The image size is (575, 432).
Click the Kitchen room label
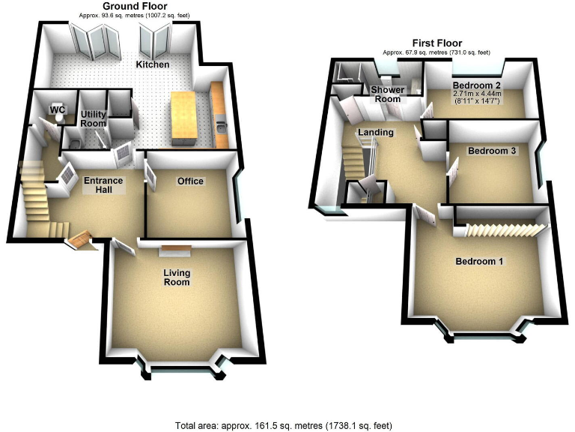click(x=152, y=64)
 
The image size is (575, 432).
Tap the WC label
click(x=58, y=110)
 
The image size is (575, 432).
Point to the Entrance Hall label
click(x=103, y=185)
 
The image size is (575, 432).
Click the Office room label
click(x=190, y=181)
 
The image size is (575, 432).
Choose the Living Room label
click(x=177, y=278)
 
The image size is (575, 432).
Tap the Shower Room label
click(x=389, y=94)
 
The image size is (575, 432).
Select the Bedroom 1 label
click(x=480, y=262)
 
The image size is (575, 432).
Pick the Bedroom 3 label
click(x=492, y=151)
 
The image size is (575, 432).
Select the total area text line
click(x=287, y=425)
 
